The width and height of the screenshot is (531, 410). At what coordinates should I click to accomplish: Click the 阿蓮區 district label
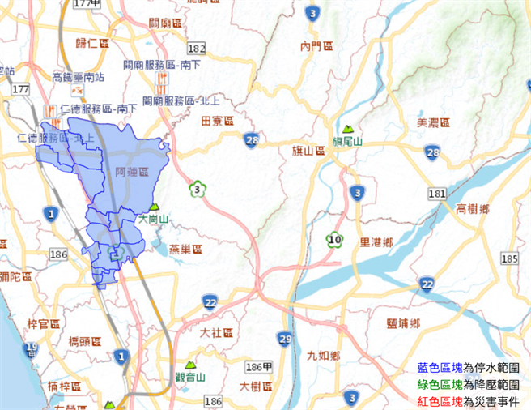pos(133,173)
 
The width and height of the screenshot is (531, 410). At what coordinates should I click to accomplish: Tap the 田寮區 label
pos(216,121)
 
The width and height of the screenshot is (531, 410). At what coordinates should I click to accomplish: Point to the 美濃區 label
pos(432,122)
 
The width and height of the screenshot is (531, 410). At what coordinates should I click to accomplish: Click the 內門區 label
pos(316,46)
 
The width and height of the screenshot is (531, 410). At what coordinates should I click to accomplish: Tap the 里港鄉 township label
pos(376,241)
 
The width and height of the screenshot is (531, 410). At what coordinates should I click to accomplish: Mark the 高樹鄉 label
pos(473,208)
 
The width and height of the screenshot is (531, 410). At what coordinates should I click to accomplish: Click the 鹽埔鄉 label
pos(403,323)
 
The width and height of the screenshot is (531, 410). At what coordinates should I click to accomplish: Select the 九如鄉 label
pos(324,356)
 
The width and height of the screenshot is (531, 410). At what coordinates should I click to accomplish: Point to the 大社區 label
pos(216,333)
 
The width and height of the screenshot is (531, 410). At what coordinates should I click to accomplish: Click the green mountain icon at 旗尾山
pos(348,129)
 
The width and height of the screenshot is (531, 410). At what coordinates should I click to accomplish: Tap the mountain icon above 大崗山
pos(154,207)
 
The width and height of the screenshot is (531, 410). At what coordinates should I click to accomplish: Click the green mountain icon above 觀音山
pos(191,365)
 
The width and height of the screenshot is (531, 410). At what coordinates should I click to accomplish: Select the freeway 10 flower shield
pos(333,239)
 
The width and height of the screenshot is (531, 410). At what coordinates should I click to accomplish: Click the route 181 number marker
pos(437,194)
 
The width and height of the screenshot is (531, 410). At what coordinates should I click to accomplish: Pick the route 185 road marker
pos(508,258)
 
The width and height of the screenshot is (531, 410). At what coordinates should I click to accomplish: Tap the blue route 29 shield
pos(284,338)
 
